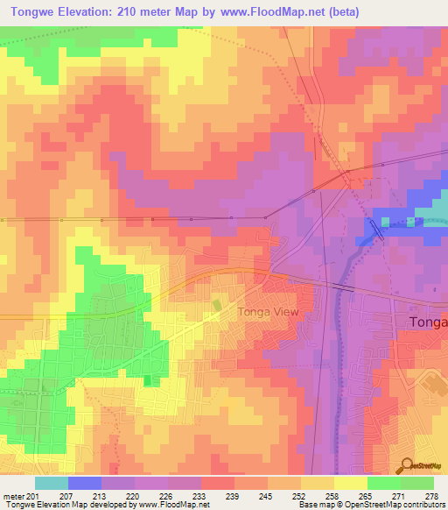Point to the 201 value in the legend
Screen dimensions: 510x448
pos(33,496)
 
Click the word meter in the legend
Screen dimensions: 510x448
pos(12,496)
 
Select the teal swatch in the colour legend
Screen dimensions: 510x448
pos(52,483)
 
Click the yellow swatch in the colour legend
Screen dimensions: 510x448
pos(350,483)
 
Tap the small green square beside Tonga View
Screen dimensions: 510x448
pos(217,304)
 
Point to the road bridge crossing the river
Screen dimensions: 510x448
pos(342,286)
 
